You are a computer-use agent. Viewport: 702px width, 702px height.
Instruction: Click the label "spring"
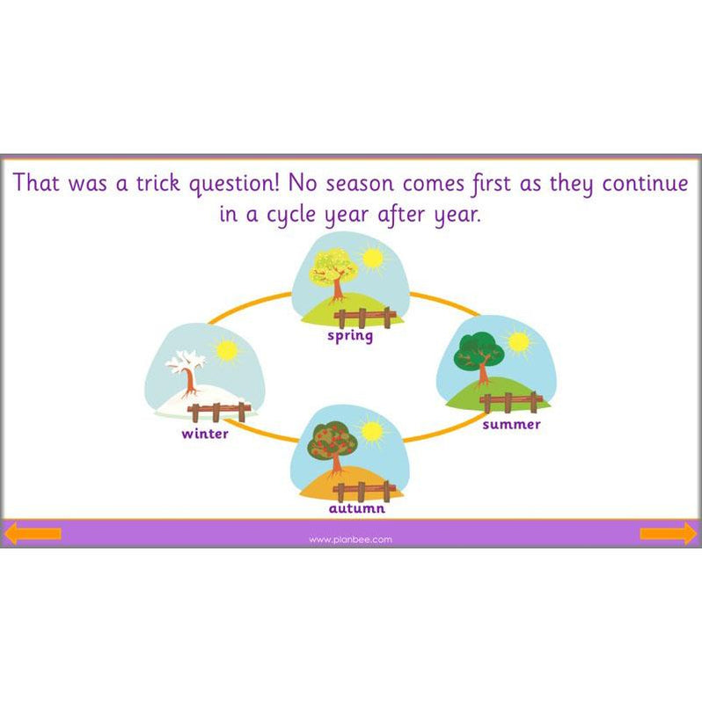click(350, 336)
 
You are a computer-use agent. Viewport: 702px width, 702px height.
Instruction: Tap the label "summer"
click(511, 425)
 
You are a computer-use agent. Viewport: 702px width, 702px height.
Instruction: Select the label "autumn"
click(356, 508)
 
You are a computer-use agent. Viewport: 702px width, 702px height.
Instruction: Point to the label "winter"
click(205, 434)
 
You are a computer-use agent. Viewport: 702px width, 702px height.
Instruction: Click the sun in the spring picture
click(373, 259)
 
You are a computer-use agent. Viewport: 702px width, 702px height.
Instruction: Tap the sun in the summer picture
click(518, 341)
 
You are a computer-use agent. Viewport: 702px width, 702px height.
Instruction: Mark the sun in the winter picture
click(227, 351)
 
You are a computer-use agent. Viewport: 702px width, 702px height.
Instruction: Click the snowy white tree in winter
click(188, 370)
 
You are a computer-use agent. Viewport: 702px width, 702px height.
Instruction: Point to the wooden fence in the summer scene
click(511, 402)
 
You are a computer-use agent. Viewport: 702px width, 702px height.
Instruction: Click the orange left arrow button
click(33, 534)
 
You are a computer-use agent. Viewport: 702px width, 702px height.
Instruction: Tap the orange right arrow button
click(669, 534)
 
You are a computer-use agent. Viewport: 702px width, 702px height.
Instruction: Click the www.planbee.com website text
click(350, 539)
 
